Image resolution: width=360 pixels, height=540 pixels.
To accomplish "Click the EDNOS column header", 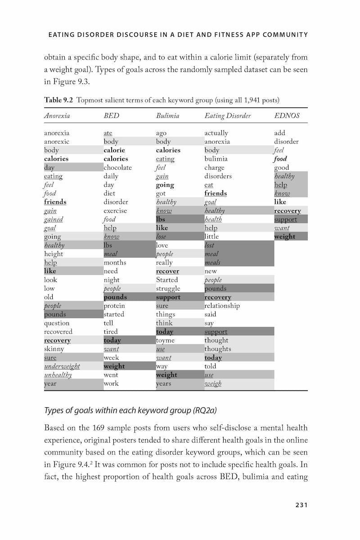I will [287, 116].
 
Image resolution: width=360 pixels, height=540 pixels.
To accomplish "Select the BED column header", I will [111, 116].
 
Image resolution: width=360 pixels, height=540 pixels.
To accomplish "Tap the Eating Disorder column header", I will [227, 116].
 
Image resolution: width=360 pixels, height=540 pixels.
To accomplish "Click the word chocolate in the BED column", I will [117, 167].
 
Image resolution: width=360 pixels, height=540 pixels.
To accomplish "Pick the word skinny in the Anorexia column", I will [54, 349].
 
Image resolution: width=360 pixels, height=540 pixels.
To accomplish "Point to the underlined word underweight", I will [62, 366].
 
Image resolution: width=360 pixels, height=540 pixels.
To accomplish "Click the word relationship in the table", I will [222, 306].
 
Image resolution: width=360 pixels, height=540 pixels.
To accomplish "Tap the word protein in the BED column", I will [114, 306].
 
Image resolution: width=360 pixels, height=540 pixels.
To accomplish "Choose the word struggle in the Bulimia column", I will [168, 288].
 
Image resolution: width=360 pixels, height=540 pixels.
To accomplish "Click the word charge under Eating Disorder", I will [214, 167].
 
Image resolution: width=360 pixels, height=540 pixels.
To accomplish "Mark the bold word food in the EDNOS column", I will [280, 159].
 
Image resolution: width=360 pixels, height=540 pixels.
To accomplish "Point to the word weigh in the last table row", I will [213, 383].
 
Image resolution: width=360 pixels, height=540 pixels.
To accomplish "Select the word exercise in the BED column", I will [115, 211].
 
